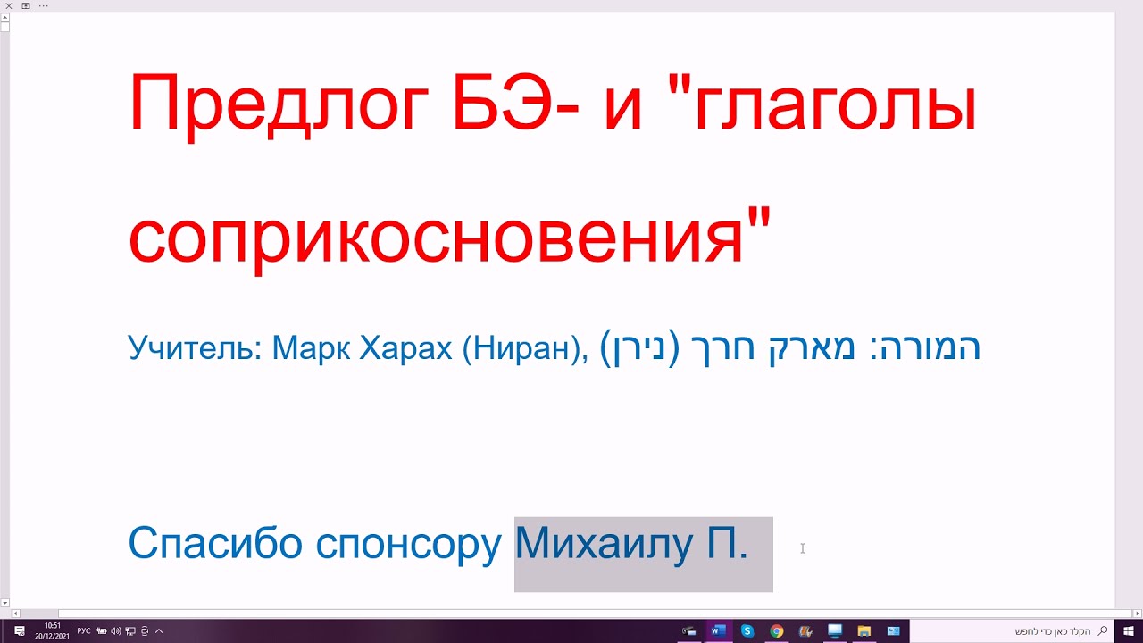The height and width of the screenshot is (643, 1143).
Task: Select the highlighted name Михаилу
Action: pos(605,543)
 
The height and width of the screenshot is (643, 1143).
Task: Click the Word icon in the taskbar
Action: pos(717,631)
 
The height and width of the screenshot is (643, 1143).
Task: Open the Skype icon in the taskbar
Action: pos(747,631)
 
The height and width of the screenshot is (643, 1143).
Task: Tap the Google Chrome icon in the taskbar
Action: pos(777,631)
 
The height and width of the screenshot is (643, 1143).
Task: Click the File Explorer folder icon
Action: pos(864,631)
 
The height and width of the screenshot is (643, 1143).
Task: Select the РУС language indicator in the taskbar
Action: pos(84,631)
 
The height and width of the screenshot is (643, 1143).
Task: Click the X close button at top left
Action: pos(8,5)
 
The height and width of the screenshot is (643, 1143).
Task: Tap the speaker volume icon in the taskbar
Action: pos(116,631)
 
